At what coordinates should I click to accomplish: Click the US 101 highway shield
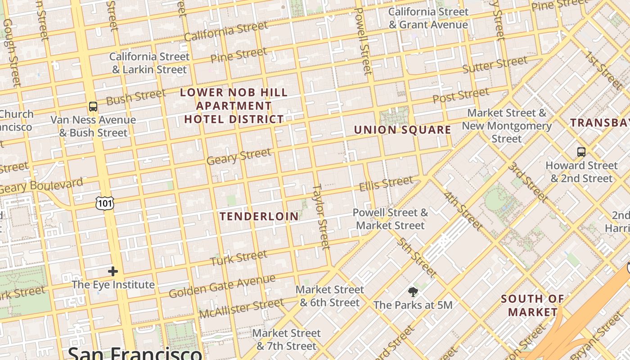[x=105, y=203]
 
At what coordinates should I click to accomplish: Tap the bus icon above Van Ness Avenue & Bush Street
[x=93, y=107]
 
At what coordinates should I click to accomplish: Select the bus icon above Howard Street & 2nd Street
[x=581, y=152]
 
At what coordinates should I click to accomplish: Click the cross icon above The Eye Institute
[x=113, y=271]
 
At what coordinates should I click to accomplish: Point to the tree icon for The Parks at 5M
[x=413, y=292]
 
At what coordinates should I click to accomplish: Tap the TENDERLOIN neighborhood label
[x=259, y=216]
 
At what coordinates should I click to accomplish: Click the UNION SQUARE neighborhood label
[x=402, y=130]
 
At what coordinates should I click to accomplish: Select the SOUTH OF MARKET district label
[x=533, y=305]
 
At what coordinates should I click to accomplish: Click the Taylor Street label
[x=321, y=216]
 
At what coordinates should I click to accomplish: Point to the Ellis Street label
[x=386, y=183]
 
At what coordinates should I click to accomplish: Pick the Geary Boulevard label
[x=41, y=186]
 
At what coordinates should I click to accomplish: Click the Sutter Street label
[x=495, y=65]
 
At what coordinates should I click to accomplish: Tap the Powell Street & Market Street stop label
[x=390, y=219]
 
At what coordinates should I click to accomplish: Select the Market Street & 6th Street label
[x=330, y=296]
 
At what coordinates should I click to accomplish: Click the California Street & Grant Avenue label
[x=428, y=18]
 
